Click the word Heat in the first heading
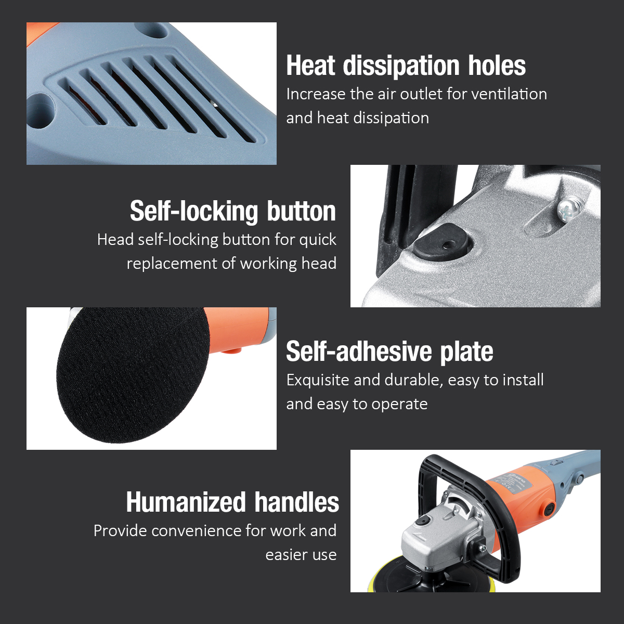(x=310, y=66)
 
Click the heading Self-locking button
(x=233, y=212)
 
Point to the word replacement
(x=172, y=264)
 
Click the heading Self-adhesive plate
(x=389, y=352)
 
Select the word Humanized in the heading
(x=186, y=502)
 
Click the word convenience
(x=197, y=531)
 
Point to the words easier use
(x=301, y=555)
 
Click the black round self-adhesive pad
(x=132, y=374)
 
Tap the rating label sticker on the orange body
(x=509, y=484)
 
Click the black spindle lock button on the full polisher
(x=422, y=521)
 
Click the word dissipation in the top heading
(x=401, y=66)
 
